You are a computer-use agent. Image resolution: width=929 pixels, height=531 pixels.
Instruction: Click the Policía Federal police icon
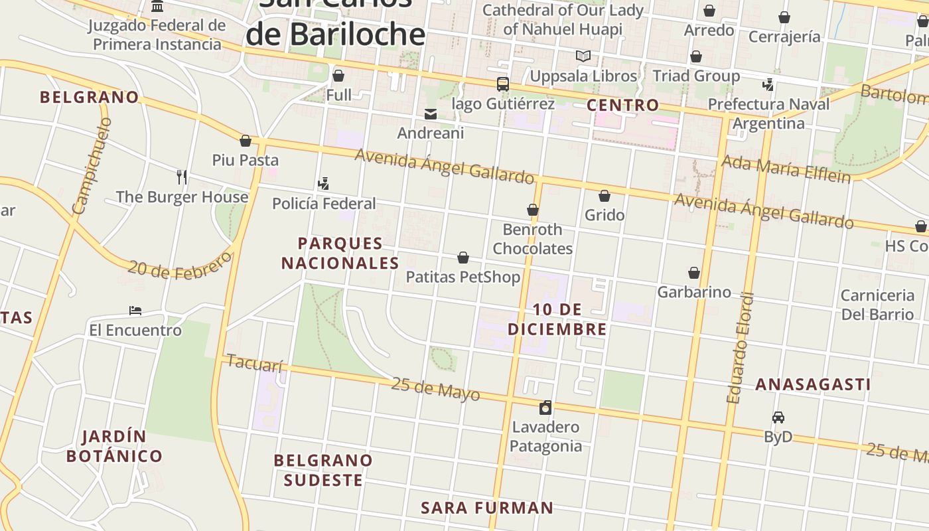[324, 184]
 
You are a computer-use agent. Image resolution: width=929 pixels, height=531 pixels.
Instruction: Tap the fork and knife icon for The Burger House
[182, 177]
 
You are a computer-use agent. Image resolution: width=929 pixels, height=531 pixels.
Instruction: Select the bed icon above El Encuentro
[135, 311]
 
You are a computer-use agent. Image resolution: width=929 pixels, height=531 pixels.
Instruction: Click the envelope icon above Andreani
[431, 114]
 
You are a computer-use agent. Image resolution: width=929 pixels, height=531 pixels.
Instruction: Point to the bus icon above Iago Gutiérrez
[503, 84]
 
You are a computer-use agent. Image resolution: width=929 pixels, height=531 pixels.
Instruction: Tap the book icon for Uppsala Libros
[583, 56]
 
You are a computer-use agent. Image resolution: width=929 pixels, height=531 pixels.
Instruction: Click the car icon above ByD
[778, 417]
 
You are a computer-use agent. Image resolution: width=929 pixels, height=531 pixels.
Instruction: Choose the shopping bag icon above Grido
[605, 196]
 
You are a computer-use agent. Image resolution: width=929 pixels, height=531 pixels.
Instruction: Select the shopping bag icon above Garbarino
[694, 273]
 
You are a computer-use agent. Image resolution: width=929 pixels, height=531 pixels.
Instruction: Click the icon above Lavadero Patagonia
[545, 408]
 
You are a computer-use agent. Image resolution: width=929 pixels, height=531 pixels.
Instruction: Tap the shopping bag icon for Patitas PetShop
[463, 258]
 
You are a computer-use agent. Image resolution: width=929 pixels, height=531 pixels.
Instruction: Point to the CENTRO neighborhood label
[623, 105]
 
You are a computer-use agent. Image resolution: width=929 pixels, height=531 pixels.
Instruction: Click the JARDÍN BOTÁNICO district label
[114, 446]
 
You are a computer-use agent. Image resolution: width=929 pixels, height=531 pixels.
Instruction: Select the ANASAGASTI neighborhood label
[813, 384]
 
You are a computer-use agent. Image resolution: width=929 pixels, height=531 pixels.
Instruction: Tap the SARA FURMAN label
[487, 508]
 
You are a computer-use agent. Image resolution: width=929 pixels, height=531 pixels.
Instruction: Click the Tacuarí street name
[255, 363]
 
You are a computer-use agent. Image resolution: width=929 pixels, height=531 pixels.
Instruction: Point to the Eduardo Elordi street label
[741, 348]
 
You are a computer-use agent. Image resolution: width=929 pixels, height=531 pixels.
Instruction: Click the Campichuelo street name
[92, 166]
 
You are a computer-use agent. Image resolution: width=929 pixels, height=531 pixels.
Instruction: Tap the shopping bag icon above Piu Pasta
[246, 141]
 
